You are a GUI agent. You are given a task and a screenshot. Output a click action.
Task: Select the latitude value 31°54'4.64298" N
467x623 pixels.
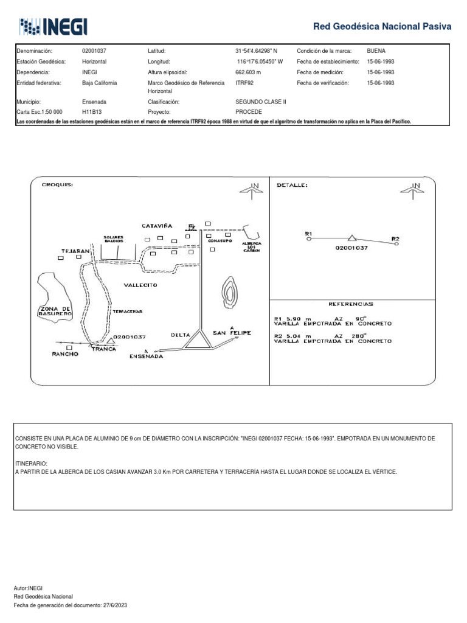pyautogui.click(x=260, y=51)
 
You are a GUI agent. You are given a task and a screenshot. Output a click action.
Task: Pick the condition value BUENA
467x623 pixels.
pyautogui.click(x=377, y=51)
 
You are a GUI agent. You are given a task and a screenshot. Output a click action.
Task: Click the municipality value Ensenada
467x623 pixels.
pyautogui.click(x=94, y=103)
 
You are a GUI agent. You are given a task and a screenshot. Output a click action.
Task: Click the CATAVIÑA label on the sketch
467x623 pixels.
pyautogui.click(x=157, y=226)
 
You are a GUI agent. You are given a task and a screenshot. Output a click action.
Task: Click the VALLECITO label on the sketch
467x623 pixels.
pyautogui.click(x=140, y=285)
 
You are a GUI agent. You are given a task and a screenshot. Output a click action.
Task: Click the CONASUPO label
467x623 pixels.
pyautogui.click(x=220, y=241)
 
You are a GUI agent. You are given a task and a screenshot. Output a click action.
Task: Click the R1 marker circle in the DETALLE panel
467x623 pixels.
pyautogui.click(x=308, y=240)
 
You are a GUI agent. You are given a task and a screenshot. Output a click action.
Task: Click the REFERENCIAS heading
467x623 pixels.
pyautogui.click(x=351, y=304)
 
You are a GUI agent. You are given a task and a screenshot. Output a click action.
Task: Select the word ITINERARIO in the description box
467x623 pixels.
pyautogui.click(x=30, y=463)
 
